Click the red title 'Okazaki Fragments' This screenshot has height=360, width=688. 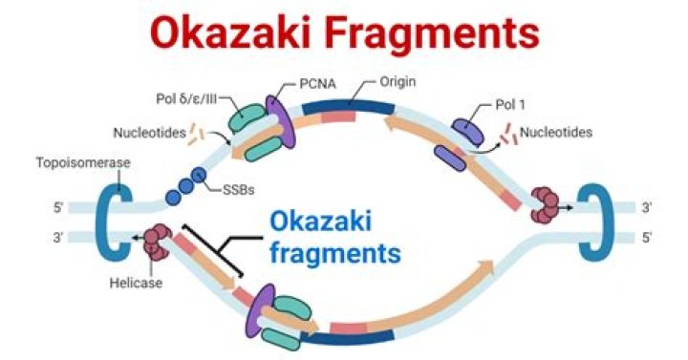(344, 33)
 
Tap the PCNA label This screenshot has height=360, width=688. (317, 83)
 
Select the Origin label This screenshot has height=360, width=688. (398, 81)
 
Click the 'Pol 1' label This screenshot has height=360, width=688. (510, 104)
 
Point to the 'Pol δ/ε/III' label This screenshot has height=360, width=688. (186, 98)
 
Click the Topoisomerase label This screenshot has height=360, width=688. (83, 163)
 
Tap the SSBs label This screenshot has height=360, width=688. (239, 190)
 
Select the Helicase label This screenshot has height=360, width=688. (136, 283)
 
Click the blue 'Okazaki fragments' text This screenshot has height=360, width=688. (335, 237)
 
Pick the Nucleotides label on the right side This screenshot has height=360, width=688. (556, 132)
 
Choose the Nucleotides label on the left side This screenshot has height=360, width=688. (150, 133)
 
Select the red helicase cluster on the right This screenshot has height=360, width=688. (545, 204)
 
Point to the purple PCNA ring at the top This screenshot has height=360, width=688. (280, 121)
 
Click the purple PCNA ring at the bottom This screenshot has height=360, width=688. (261, 310)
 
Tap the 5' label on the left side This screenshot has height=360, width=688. (58, 207)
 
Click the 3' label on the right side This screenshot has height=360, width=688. (646, 207)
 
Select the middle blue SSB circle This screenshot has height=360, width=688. (186, 186)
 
